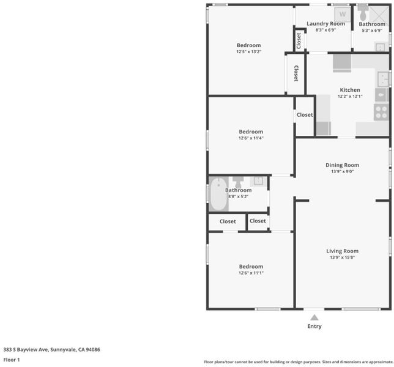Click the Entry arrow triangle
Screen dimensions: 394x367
coord(314,317)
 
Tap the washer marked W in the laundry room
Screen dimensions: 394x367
coord(343,14)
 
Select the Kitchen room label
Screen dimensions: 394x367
coord(350,90)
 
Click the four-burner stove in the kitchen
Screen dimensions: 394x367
coord(381,113)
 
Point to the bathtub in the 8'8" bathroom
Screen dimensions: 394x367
coord(218,194)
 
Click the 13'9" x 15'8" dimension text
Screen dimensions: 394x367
coord(342,258)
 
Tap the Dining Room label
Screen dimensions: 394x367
coord(342,165)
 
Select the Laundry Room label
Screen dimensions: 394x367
coord(325,24)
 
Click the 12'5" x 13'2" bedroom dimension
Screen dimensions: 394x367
coord(249,51)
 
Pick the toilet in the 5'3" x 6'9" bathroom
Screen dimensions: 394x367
coord(363,13)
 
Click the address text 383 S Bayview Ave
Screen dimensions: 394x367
coord(26,349)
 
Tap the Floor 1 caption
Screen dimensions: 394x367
coord(12,360)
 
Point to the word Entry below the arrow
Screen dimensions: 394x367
coord(314,326)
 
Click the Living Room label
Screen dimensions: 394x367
coord(342,251)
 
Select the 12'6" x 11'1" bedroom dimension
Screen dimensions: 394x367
coord(251,273)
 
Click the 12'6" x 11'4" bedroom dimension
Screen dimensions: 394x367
coord(251,138)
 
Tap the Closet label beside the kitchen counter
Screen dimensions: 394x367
coord(305,115)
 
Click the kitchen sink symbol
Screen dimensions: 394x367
coord(384,79)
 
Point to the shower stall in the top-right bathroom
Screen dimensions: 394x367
coord(379,13)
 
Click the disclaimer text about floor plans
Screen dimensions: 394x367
coord(299,361)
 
